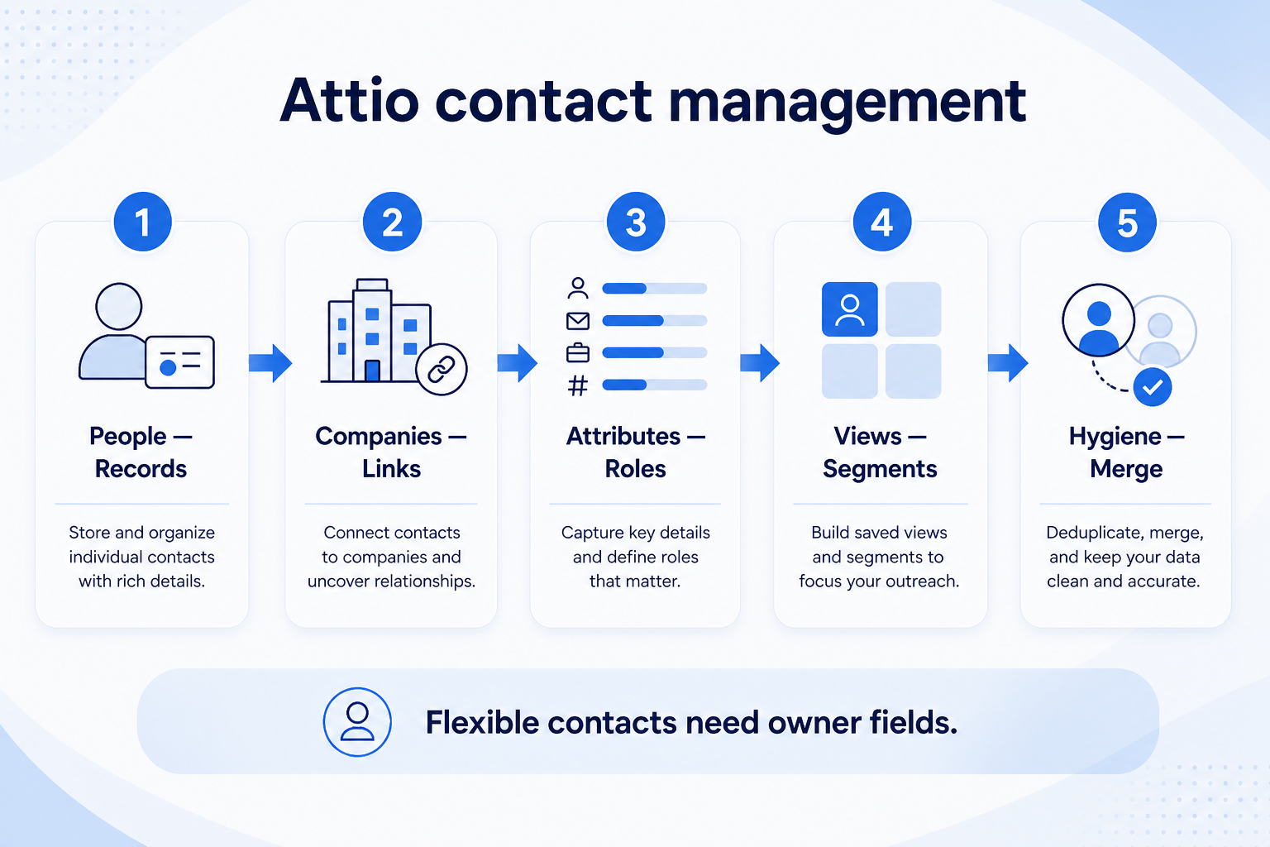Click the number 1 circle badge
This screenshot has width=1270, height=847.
pyautogui.click(x=143, y=222)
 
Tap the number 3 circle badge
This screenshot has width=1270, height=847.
pyautogui.click(x=636, y=222)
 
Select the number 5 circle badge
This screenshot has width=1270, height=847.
pyautogui.click(x=1127, y=223)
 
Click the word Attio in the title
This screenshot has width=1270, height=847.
pyautogui.click(x=349, y=101)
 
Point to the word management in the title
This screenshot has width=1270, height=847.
pyautogui.click(x=847, y=105)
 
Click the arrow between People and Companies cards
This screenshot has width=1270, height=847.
pyautogui.click(x=270, y=362)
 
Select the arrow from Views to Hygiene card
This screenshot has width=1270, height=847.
pyautogui.click(x=1008, y=362)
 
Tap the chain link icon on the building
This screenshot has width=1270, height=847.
pyautogui.click(x=441, y=369)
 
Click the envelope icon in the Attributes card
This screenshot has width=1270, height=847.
pyautogui.click(x=578, y=321)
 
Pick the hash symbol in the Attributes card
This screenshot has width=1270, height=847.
pyautogui.click(x=578, y=385)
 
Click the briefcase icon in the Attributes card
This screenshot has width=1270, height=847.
pyautogui.click(x=578, y=353)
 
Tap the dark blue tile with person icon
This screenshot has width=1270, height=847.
pyautogui.click(x=849, y=309)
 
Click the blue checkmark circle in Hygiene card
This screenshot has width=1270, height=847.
pyautogui.click(x=1153, y=387)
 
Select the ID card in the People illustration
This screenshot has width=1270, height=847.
pyautogui.click(x=179, y=362)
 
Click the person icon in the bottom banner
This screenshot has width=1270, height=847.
pyautogui.click(x=357, y=721)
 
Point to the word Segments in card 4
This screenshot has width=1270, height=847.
pyautogui.click(x=880, y=470)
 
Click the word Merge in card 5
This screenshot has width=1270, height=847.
pyautogui.click(x=1126, y=470)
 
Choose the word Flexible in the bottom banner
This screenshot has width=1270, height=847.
pyautogui.click(x=482, y=722)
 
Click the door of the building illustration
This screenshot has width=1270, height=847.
pyautogui.click(x=372, y=371)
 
